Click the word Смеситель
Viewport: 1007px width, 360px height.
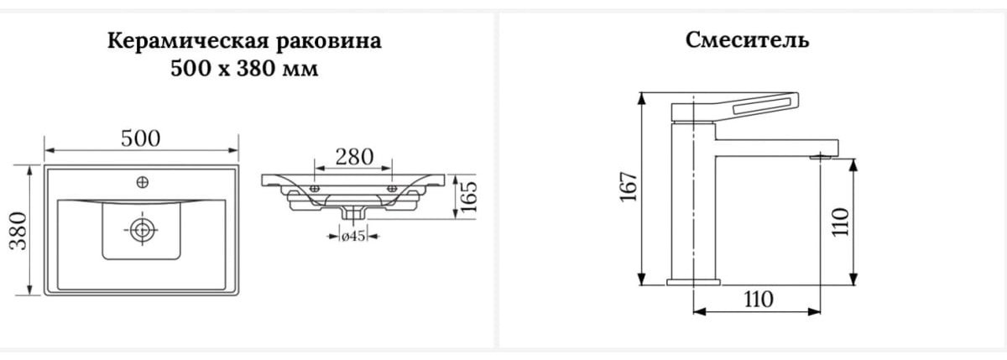(747, 40)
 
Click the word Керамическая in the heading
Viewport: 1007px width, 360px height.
(187, 41)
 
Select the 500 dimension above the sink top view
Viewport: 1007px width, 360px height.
(141, 138)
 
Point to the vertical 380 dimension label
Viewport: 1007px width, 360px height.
(18, 231)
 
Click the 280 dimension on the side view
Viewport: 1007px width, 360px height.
(354, 157)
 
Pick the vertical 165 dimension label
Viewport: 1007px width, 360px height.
(468, 197)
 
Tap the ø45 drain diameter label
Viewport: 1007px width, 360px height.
(353, 236)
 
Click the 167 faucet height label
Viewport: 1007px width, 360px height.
(629, 186)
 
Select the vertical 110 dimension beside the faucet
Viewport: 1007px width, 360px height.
(840, 222)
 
